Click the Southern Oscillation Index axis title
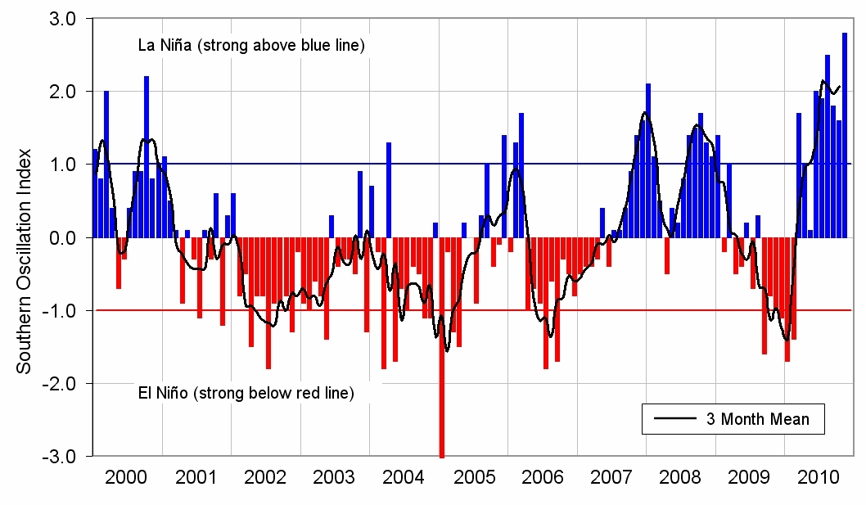[25, 260]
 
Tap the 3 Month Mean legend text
[757, 419]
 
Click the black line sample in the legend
[674, 419]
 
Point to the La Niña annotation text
[250, 46]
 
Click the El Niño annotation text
[245, 394]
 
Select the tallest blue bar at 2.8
[845, 135]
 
